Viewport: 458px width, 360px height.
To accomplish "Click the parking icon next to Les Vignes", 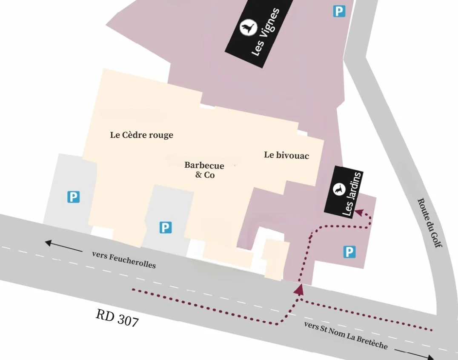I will tap(339, 11).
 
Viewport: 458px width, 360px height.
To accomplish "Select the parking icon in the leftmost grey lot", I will tap(74, 197).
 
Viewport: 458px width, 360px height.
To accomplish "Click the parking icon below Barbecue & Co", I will tap(165, 228).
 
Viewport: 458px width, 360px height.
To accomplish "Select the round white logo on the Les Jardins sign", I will tap(339, 189).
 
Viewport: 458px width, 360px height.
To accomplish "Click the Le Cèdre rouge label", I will tap(142, 135).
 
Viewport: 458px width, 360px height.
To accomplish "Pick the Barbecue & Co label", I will tap(204, 170).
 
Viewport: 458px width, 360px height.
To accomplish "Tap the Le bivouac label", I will tap(286, 155).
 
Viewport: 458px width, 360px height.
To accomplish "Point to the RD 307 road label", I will tap(117, 318).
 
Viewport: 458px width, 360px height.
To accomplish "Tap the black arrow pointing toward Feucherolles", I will tap(64, 246).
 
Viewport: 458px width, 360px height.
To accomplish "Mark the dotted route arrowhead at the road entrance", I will tap(299, 290).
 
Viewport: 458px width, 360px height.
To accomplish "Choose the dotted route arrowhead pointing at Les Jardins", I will tap(360, 211).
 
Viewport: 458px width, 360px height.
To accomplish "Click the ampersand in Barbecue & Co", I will tap(198, 175).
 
